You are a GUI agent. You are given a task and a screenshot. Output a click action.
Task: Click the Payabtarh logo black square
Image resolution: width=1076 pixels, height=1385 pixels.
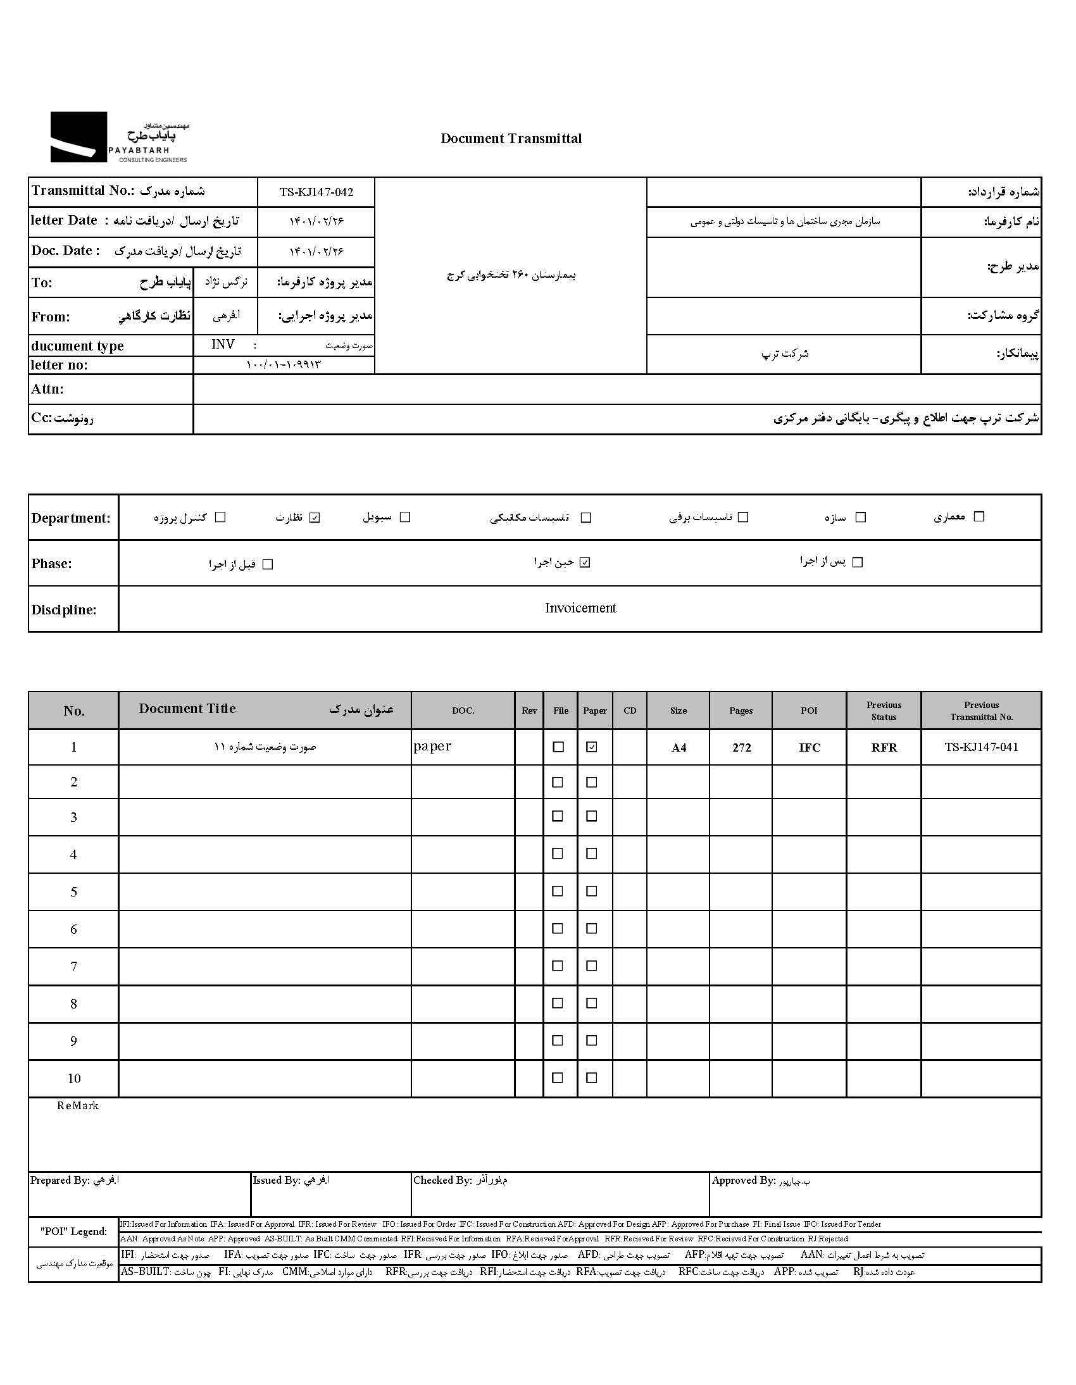pyautogui.click(x=78, y=136)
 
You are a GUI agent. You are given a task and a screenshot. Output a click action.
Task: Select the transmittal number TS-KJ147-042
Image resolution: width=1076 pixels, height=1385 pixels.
pyautogui.click(x=316, y=192)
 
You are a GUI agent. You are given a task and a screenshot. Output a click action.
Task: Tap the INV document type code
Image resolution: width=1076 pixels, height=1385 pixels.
pyautogui.click(x=223, y=344)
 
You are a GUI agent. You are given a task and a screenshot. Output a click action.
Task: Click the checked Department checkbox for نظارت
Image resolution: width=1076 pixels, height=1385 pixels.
pyautogui.click(x=315, y=518)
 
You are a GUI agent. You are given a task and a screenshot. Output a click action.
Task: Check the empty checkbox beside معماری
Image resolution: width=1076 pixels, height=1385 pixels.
pyautogui.click(x=979, y=517)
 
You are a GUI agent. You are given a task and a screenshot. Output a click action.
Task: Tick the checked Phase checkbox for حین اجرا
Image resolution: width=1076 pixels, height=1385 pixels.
pyautogui.click(x=585, y=562)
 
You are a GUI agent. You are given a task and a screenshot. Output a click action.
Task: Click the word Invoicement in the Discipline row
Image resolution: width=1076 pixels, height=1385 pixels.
pyautogui.click(x=580, y=608)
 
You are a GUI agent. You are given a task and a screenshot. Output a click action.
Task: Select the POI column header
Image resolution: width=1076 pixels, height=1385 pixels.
pyautogui.click(x=809, y=711)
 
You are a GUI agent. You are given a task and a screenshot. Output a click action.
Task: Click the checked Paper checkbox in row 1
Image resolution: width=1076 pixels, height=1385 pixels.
pyautogui.click(x=591, y=747)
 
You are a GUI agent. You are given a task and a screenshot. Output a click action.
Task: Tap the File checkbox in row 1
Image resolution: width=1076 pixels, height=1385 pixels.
pyautogui.click(x=558, y=747)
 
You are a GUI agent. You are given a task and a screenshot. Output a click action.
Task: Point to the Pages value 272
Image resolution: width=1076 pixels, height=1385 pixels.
pyautogui.click(x=741, y=748)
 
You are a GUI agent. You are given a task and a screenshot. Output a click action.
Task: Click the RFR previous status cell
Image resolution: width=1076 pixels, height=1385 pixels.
pyautogui.click(x=884, y=748)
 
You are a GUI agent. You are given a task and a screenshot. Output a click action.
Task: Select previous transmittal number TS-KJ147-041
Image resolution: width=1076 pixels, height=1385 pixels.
pyautogui.click(x=981, y=747)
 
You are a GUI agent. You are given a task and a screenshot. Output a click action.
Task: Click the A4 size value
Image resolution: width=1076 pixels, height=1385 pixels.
pyautogui.click(x=679, y=748)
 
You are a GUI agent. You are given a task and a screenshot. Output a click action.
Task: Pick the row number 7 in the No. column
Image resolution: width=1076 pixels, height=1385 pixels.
pyautogui.click(x=73, y=966)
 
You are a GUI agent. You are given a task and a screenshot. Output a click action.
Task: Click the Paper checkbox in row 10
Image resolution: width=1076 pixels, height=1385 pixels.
pyautogui.click(x=591, y=1078)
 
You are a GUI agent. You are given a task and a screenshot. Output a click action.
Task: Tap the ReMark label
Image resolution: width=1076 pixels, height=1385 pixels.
pyautogui.click(x=77, y=1105)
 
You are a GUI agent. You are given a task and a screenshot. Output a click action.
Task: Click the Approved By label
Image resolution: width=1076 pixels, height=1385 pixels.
pyautogui.click(x=743, y=1180)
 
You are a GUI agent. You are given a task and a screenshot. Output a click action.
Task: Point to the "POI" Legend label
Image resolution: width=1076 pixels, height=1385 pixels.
pyautogui.click(x=73, y=1231)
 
